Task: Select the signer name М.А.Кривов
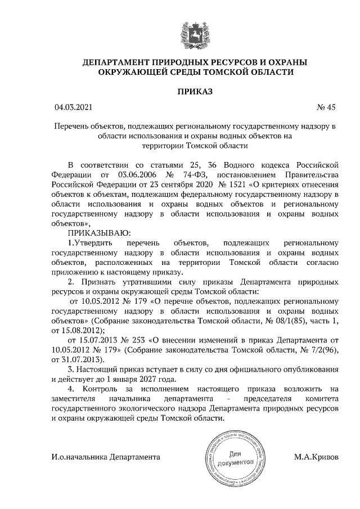coord(316,457)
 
